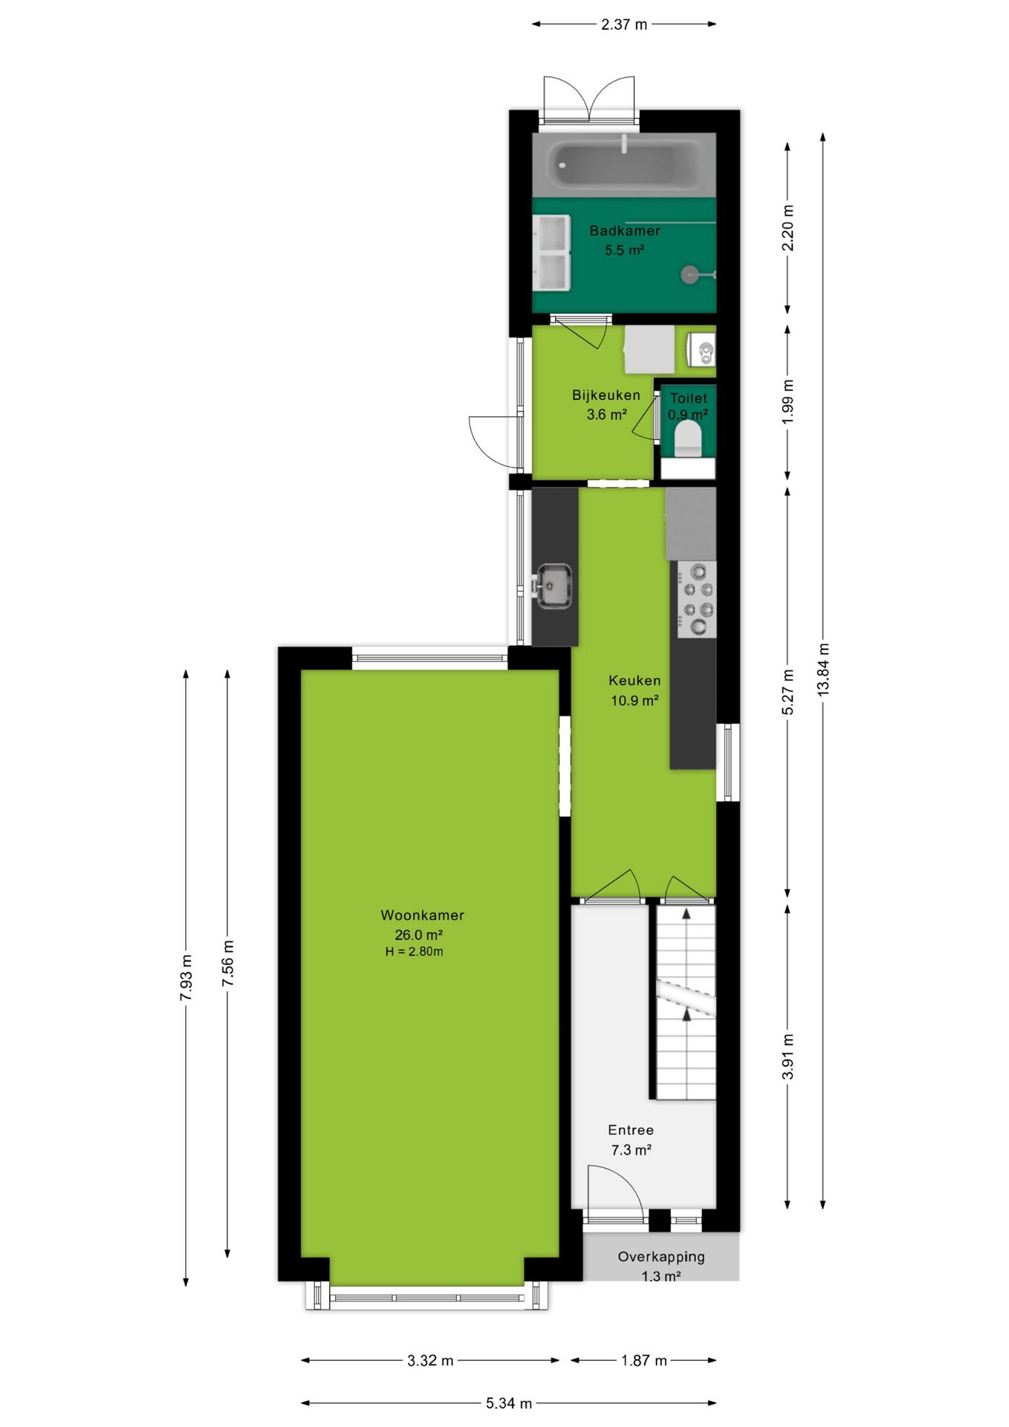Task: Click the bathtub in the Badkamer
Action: pos(624,165)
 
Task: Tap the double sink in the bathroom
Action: pos(552,253)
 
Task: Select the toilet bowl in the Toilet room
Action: pos(688,439)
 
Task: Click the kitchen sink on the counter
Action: pos(554,586)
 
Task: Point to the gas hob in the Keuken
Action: pos(697,599)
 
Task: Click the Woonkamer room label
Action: pos(422,915)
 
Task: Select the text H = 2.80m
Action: pos(414,951)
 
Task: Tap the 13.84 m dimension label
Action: pos(823,670)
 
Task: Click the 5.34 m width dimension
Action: pos(509,1402)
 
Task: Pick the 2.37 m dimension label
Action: pos(624,25)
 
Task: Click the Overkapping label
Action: pos(661,1256)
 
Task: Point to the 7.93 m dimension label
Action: pos(186,977)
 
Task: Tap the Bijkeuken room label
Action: pos(606,395)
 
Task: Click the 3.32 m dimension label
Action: pos(430,1360)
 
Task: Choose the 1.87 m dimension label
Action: pos(644,1360)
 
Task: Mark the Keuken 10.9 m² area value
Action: pos(635,700)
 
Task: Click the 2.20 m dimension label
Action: pos(788,228)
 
